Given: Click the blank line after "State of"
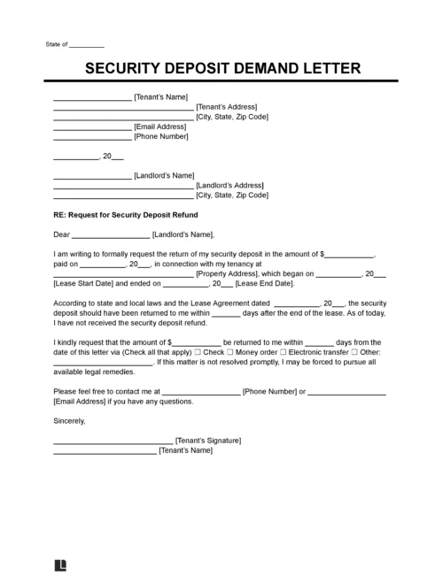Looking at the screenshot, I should [86, 45].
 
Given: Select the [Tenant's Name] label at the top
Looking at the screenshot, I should [160, 96].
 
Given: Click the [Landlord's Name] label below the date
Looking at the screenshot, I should [163, 175].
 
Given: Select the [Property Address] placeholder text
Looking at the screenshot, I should [223, 274].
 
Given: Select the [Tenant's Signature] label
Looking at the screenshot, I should [208, 441].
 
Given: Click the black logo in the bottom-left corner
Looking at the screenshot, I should [61, 562].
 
